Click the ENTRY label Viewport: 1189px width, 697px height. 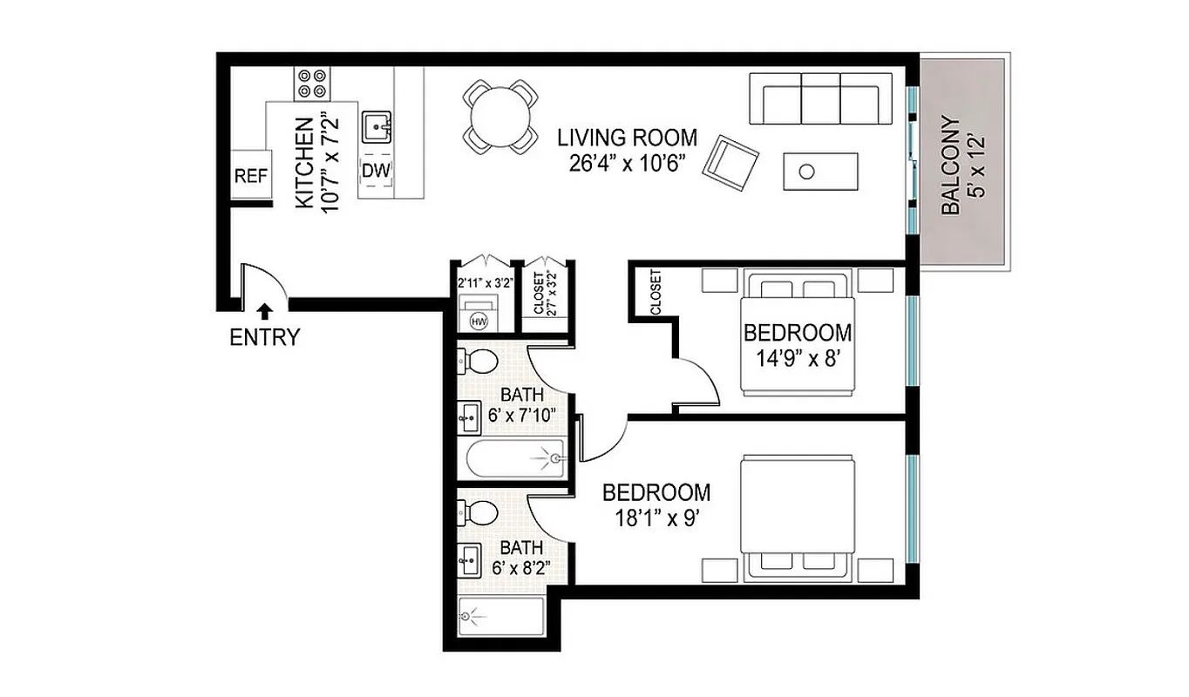[264, 338]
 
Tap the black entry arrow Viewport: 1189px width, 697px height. [264, 310]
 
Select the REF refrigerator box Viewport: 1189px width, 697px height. [250, 176]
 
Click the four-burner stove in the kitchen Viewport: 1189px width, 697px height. [311, 83]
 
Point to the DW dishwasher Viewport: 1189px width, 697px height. [376, 171]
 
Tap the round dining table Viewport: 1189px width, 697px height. [499, 117]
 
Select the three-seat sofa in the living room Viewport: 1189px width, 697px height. [820, 98]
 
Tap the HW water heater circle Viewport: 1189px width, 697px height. [478, 321]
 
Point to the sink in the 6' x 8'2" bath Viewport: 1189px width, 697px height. [470, 559]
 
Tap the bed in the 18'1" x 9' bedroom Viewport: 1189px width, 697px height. [797, 518]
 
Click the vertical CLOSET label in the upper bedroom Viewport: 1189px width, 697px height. [656, 292]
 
